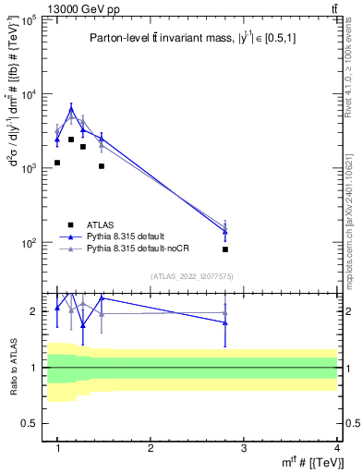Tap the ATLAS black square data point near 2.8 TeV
[x=224, y=249]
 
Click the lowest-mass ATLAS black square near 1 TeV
[x=57, y=163]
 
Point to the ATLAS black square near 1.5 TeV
[x=102, y=166]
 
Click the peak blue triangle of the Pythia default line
[x=71, y=110]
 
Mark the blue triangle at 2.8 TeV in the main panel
[x=224, y=232]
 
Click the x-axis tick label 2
[x=151, y=448]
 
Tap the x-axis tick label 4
[x=337, y=448]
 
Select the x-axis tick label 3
[x=244, y=448]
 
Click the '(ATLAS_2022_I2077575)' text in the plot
[x=192, y=276]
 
